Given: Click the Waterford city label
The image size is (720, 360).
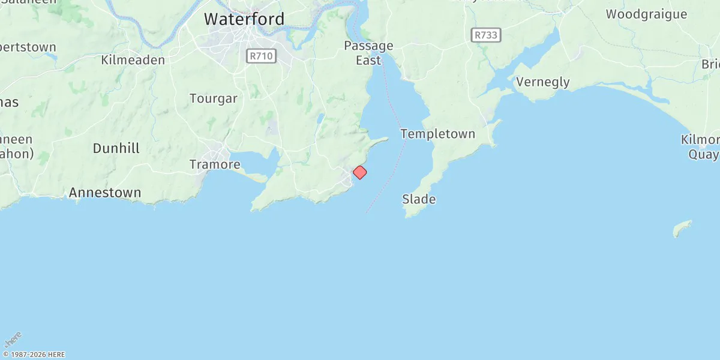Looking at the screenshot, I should [244, 19].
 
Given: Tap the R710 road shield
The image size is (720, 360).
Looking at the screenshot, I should [260, 56].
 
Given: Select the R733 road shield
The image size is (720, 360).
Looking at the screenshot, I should [485, 35].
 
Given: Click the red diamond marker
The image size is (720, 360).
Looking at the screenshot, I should [359, 172].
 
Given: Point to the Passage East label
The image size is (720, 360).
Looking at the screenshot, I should [368, 53].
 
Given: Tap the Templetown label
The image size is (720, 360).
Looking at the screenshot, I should [437, 134].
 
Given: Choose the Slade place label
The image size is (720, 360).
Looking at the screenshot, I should [419, 199].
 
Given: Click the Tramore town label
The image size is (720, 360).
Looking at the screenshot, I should [215, 164].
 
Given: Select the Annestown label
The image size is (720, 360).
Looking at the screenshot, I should [105, 193].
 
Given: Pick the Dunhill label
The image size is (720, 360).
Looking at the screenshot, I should [116, 148].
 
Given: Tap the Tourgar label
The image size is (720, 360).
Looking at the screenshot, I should [214, 98].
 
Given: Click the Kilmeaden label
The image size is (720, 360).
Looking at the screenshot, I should [133, 60].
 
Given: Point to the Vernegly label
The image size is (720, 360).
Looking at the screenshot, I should [542, 82].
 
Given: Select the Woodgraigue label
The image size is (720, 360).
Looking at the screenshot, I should [646, 14].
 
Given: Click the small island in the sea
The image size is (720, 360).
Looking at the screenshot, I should [682, 228].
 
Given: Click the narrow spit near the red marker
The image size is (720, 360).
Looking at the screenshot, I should [377, 142].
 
